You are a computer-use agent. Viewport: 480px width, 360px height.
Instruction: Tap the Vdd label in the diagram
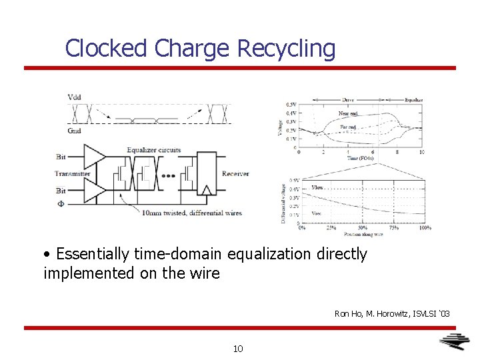pos(75,98)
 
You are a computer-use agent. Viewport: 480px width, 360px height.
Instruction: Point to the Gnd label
pos(74,131)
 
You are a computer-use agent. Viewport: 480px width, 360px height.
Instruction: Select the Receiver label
pos(235,174)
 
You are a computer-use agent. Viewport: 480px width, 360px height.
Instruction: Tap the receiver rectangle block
pos(207,175)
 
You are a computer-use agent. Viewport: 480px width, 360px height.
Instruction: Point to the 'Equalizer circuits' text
pos(154,150)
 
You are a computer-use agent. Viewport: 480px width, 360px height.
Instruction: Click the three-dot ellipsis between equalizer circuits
pos(169,177)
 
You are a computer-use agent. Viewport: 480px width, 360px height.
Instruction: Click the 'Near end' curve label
pos(348,113)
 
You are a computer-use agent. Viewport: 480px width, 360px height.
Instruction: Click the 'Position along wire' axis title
pos(363,235)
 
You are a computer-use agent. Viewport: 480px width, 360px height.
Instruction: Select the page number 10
pos(239,348)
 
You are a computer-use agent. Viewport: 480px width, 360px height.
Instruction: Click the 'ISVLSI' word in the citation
pos(418,313)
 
